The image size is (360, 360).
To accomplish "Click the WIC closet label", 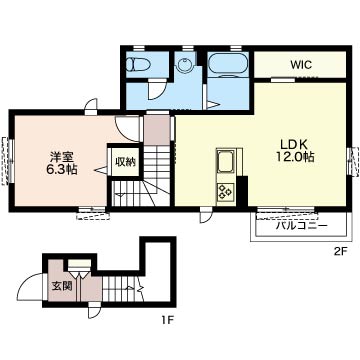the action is tap(301, 65).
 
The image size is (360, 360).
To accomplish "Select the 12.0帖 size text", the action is tap(295, 157).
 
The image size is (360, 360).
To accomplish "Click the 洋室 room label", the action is tap(62, 157).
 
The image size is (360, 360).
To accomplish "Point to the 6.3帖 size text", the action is tap(61, 169).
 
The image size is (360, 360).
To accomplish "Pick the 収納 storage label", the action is tap(125, 162).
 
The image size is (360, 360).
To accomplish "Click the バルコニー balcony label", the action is tap(302, 227).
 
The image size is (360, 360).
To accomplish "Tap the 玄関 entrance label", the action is tap(62, 286).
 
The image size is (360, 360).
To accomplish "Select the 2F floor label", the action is tap(341, 252).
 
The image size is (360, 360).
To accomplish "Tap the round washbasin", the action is tap(183, 65).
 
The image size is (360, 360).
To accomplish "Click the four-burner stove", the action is tap(225, 192).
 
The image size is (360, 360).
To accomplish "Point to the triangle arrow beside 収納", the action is tap(101, 170).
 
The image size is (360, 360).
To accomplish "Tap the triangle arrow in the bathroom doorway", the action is tap(213, 105).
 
